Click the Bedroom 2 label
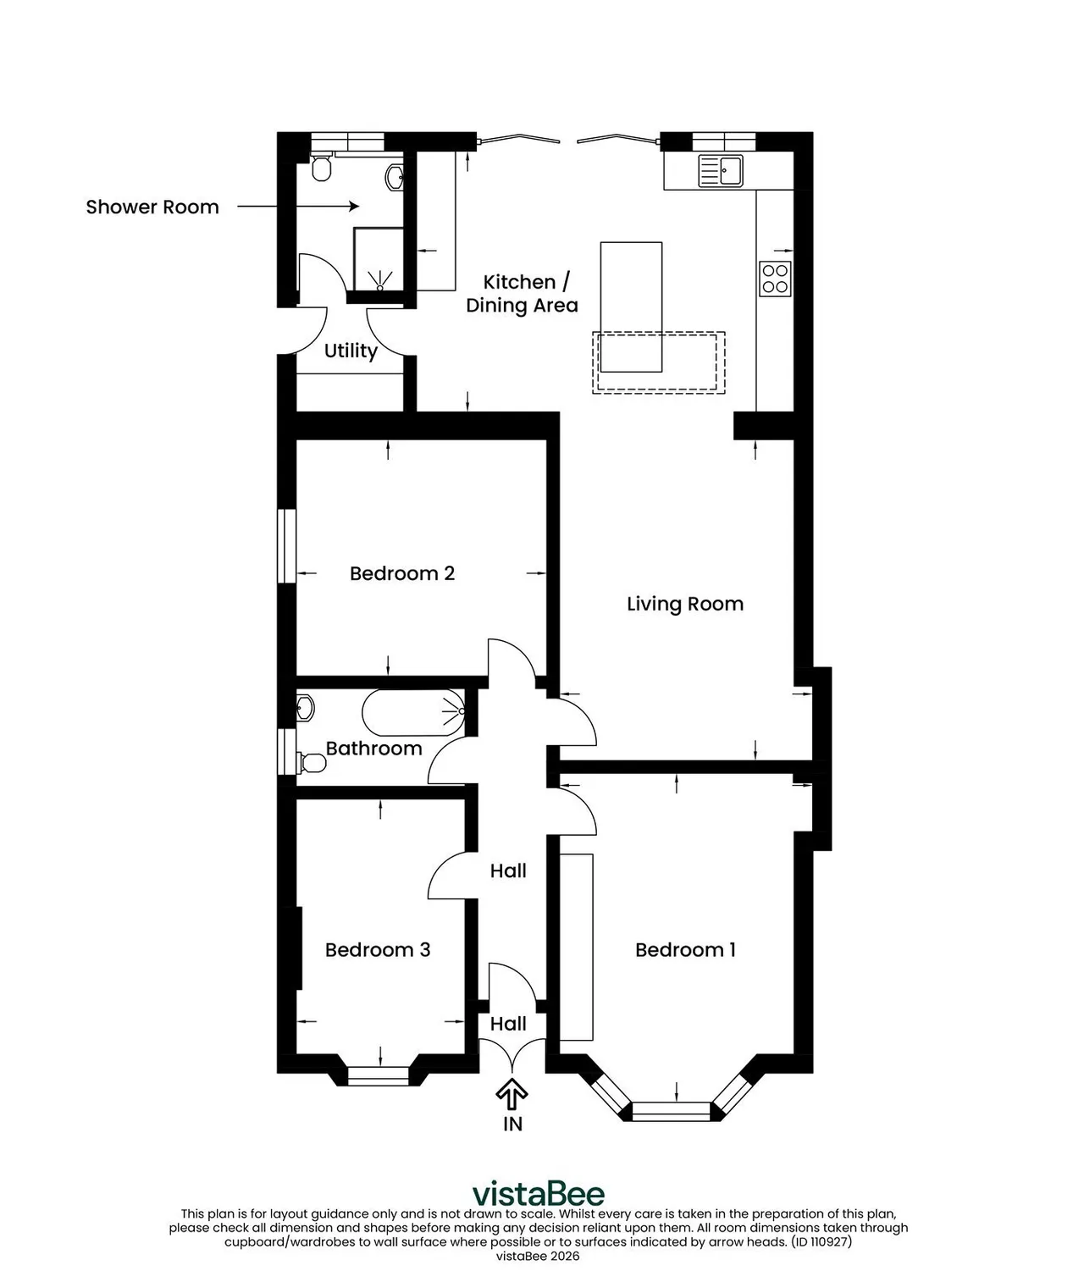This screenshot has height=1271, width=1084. click(x=402, y=574)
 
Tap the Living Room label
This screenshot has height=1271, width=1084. click(x=685, y=604)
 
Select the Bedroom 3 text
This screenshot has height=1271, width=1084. click(x=378, y=950)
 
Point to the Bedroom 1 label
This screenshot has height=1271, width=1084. click(x=685, y=950)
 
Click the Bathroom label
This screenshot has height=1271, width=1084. click(x=373, y=749)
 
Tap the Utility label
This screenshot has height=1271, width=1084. click(x=351, y=351)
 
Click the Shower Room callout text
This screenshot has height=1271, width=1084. click(x=152, y=207)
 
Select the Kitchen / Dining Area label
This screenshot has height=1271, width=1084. click(x=522, y=293)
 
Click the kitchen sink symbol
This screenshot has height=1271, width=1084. click(x=721, y=170)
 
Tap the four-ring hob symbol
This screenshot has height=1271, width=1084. click(x=775, y=279)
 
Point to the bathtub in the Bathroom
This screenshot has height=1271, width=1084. click(x=413, y=713)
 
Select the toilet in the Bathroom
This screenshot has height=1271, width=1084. click(x=312, y=763)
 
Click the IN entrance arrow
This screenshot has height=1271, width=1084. click(x=512, y=1095)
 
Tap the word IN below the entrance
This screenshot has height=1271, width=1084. click(x=513, y=1124)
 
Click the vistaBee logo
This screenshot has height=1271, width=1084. click(x=539, y=1194)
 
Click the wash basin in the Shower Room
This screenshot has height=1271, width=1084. click(x=395, y=178)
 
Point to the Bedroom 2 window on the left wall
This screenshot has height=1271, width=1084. click(x=286, y=545)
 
